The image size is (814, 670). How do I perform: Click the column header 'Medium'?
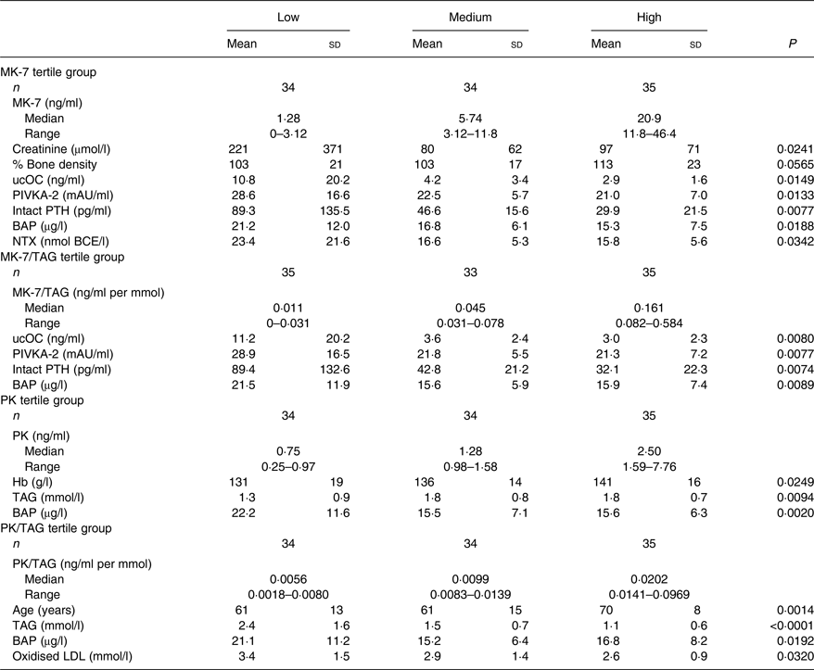click(x=470, y=17)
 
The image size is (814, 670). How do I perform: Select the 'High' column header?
click(x=649, y=17)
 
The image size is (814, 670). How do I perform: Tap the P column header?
click(x=792, y=44)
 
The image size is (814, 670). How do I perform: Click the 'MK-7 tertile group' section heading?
click(x=48, y=72)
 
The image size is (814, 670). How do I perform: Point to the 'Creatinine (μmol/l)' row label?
click(x=61, y=149)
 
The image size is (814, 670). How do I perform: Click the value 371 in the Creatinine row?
click(x=333, y=149)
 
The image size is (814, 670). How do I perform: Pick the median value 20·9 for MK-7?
click(x=649, y=119)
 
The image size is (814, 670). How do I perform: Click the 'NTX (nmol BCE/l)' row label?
click(x=61, y=242)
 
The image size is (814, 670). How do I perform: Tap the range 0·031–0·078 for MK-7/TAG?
click(x=470, y=323)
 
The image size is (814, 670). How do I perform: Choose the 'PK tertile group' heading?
click(x=42, y=400)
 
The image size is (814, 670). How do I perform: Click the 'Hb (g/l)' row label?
click(x=32, y=482)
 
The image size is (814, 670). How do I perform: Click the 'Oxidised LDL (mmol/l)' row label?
click(x=72, y=656)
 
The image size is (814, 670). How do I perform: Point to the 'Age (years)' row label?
click(x=44, y=611)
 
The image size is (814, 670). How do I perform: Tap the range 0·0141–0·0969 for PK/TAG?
click(x=649, y=595)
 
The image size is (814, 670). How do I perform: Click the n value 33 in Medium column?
click(x=470, y=272)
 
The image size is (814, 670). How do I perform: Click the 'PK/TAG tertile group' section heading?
click(x=56, y=528)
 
